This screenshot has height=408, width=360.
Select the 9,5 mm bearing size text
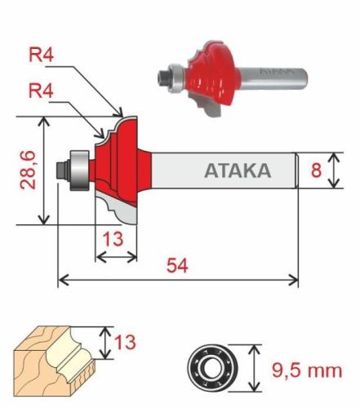point(305,370)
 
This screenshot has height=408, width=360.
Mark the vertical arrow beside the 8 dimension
point(335,171)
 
